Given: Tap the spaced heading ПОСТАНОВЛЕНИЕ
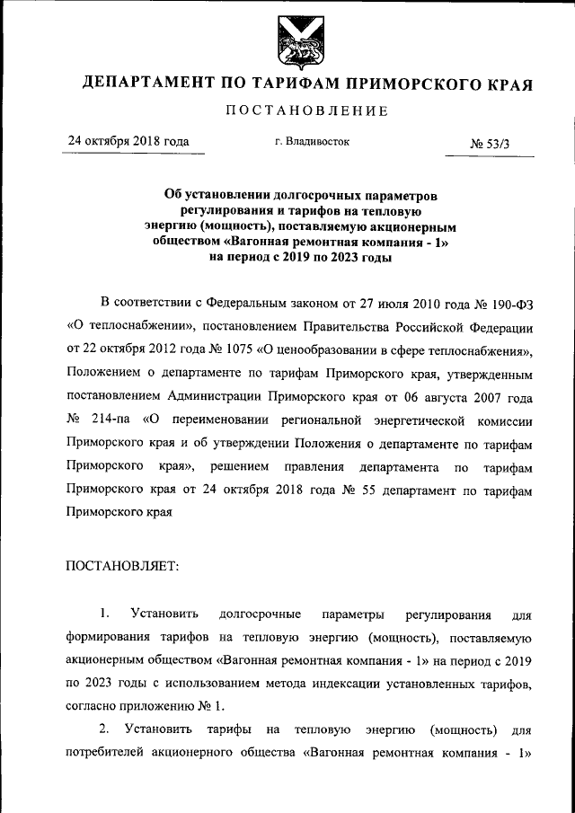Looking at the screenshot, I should coord(306,111).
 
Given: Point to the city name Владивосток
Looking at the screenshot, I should coord(318,141).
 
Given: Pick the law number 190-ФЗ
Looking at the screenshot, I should coord(509,301).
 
